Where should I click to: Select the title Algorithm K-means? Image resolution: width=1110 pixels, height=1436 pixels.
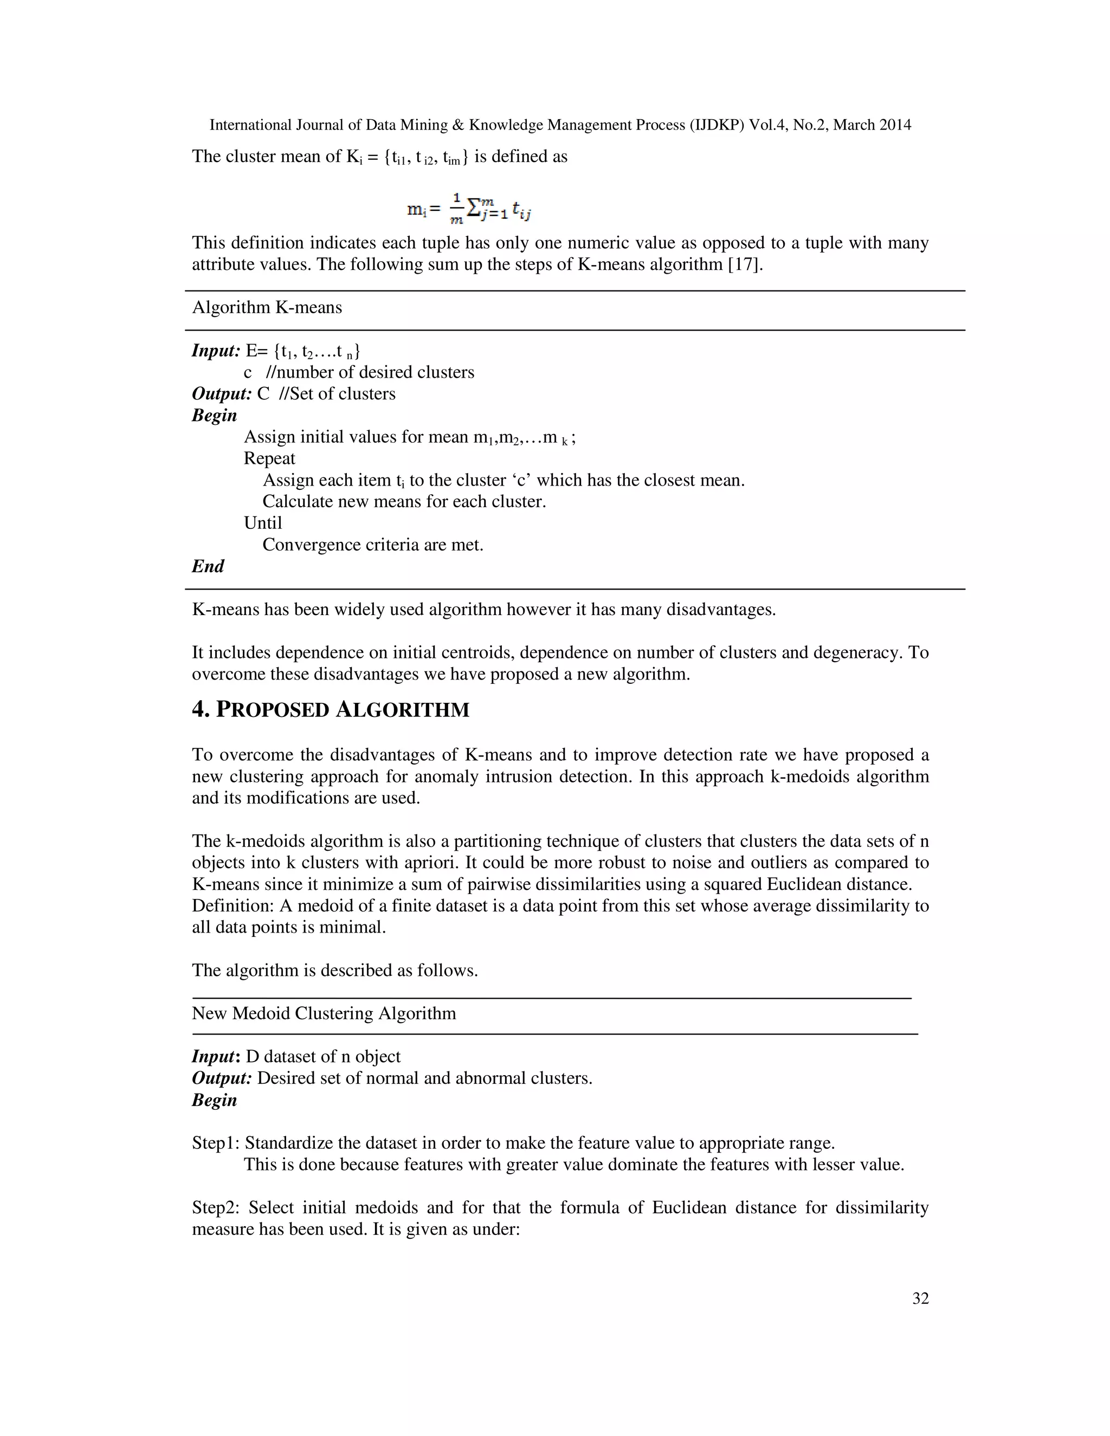[267, 308]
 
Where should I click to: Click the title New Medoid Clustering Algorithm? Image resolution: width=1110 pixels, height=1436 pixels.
[324, 1013]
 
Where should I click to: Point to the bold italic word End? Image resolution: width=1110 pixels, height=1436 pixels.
[208, 566]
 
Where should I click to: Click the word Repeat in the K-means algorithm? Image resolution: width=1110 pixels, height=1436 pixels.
[269, 458]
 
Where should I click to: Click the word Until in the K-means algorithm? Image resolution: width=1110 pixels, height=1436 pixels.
[263, 523]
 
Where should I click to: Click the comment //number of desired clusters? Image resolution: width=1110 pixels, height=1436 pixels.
[370, 372]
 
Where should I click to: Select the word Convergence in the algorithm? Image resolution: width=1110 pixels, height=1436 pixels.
[306, 545]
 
